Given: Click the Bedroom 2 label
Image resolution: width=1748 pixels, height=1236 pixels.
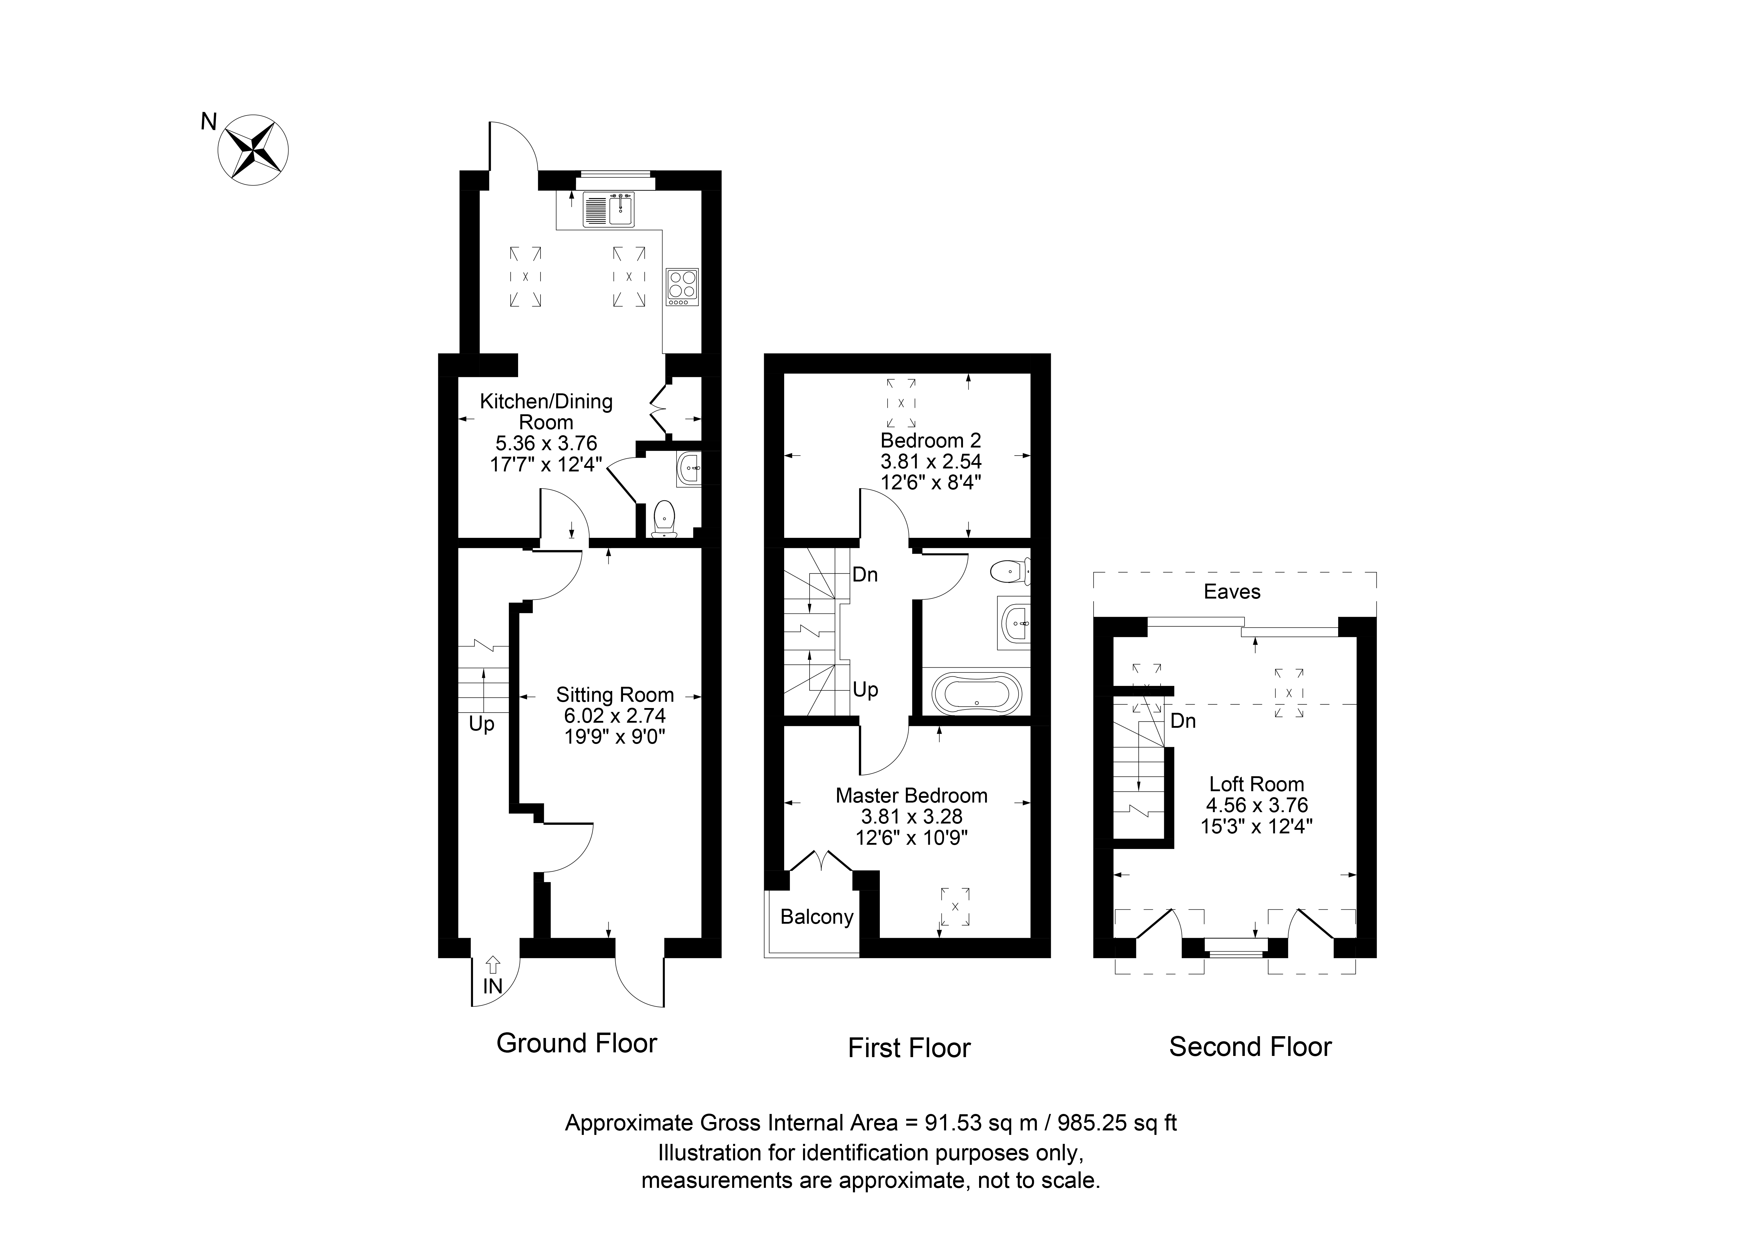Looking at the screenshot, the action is point(930,440).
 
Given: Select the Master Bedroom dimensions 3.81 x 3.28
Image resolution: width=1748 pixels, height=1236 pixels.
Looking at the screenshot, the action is point(911,816).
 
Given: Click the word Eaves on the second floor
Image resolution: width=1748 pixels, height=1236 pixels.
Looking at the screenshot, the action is point(1232,592).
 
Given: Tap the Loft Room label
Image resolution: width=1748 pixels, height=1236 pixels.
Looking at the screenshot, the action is point(1256,784).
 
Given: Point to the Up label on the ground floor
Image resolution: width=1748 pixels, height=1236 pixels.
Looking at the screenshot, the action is point(481,724).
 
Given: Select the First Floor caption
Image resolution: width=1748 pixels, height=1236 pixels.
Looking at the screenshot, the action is point(909,1048).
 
